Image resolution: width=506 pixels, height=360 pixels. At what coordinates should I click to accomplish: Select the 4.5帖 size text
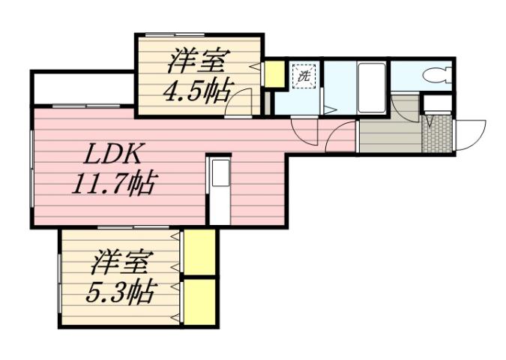[x=197, y=89]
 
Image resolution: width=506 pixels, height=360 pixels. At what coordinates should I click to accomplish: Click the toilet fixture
[x=434, y=74]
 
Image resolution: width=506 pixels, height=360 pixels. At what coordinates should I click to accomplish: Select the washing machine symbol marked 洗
[x=304, y=76]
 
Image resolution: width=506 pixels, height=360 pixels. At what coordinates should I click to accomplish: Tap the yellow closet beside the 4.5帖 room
[x=274, y=73]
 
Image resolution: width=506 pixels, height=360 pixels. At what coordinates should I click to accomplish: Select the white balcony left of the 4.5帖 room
[x=82, y=89]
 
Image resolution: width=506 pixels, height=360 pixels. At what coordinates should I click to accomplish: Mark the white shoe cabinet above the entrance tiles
[x=437, y=103]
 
